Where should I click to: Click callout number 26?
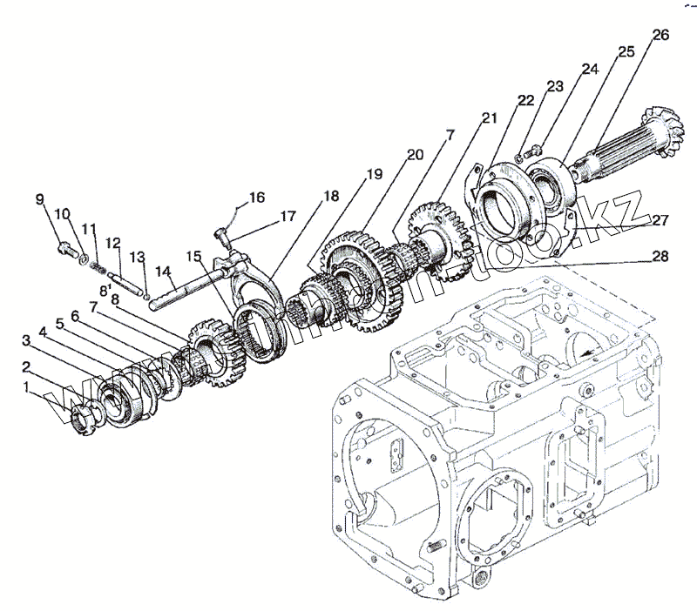coord(660,36)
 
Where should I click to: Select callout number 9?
coord(40,201)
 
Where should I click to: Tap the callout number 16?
coord(257,198)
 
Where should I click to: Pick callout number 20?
coord(415,154)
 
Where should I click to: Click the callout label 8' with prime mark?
coord(105,290)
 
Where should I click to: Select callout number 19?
coord(374,174)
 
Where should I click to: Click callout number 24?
coord(591,68)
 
